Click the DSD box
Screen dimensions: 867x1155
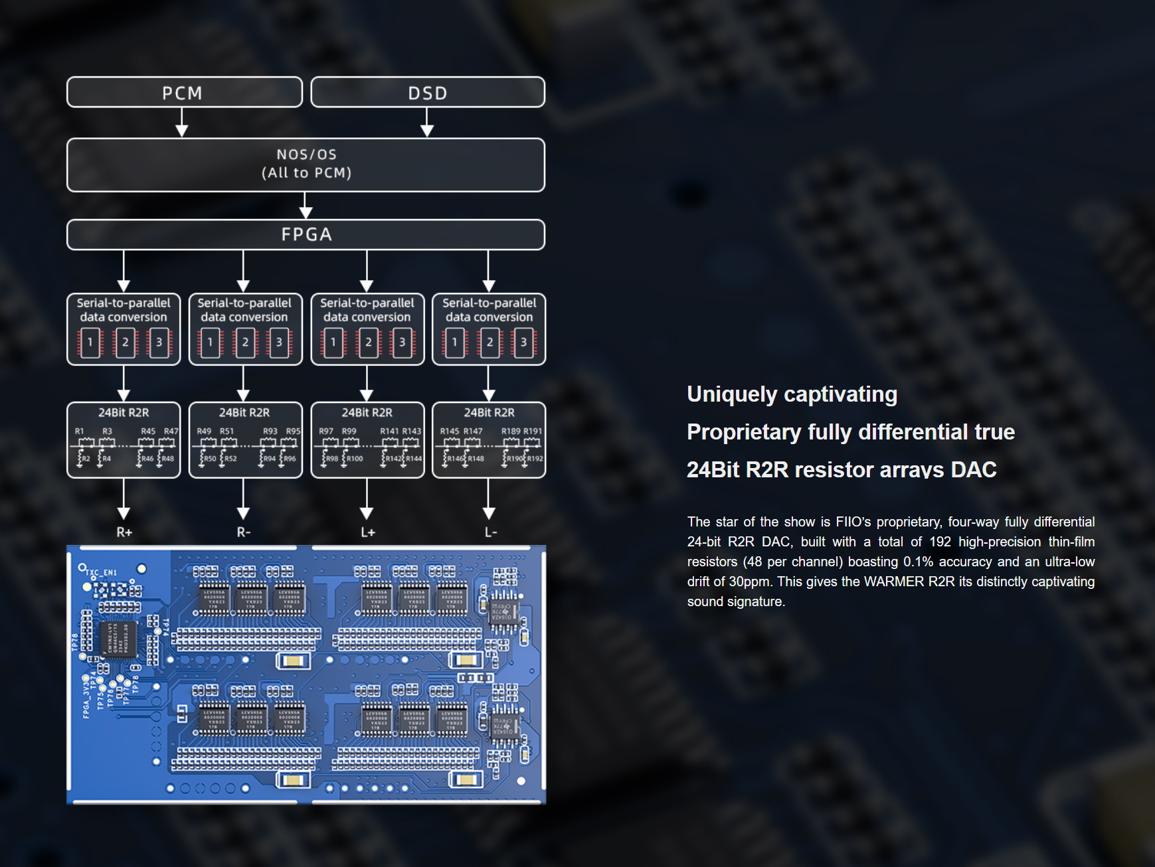point(428,93)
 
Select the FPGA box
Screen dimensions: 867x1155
point(306,235)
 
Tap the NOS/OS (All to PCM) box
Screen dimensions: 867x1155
point(306,165)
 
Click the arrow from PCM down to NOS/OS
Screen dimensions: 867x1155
point(181,122)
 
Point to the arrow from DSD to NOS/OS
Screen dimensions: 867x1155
point(427,122)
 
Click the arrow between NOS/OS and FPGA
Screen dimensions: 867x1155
point(306,206)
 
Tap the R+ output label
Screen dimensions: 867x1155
point(124,532)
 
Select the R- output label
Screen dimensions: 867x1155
point(244,532)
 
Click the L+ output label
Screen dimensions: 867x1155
point(367,532)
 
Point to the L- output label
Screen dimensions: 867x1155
point(490,532)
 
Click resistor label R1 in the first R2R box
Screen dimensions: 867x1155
point(80,432)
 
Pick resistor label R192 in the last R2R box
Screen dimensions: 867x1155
point(535,459)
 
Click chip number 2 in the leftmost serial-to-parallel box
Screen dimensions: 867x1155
point(125,343)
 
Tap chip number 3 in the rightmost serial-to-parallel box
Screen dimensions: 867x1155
point(523,343)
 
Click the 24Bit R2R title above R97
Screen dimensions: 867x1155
point(367,413)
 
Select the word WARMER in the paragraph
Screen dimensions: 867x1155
point(893,582)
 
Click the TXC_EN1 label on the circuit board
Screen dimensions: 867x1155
point(102,572)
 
